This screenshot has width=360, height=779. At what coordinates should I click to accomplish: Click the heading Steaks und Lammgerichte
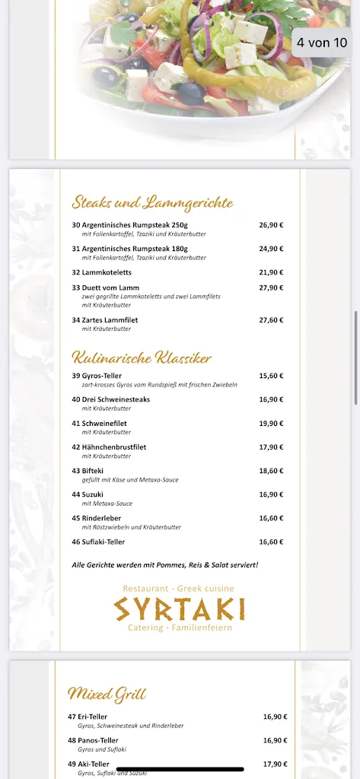152,202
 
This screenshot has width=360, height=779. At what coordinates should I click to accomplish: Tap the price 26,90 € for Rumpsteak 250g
271,225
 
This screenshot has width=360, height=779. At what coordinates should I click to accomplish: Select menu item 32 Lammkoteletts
102,272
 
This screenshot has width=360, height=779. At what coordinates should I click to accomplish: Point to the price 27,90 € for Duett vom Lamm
271,288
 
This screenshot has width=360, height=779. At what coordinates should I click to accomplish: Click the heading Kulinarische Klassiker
142,358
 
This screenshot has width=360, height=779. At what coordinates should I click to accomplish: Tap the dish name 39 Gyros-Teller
97,376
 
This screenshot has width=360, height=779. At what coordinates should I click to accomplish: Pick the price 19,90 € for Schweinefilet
271,423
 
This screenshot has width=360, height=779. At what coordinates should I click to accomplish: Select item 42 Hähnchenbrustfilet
109,447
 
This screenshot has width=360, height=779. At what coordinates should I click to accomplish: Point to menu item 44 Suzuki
88,494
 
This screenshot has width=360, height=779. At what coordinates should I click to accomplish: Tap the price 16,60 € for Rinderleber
271,518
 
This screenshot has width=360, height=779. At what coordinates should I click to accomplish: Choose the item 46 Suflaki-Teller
98,542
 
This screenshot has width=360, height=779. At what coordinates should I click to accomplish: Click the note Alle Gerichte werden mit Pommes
165,565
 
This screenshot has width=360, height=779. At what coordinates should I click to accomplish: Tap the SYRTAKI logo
180,609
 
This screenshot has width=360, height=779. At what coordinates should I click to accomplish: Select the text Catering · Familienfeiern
180,628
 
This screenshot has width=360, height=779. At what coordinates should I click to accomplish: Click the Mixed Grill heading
107,694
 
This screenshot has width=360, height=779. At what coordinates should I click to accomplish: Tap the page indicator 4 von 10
322,43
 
